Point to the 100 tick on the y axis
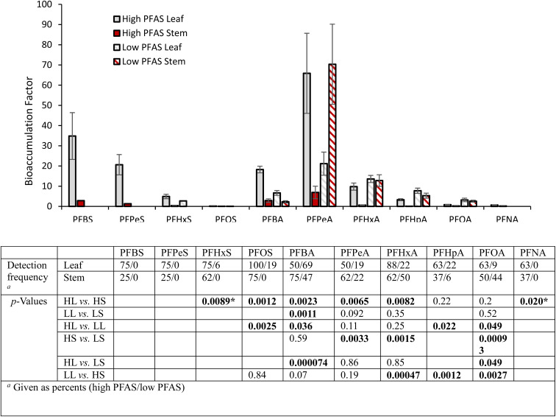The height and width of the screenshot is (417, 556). [x=46, y=4]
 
